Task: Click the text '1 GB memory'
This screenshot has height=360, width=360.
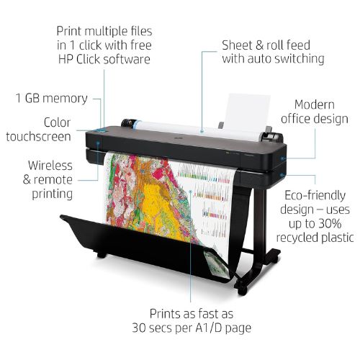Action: tap(52, 99)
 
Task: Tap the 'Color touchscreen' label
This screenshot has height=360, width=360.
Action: tap(38, 130)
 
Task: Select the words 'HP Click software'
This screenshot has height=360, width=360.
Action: tap(104, 59)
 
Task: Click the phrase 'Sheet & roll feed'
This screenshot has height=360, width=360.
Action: tap(266, 45)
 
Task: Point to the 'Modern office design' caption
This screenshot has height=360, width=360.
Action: tap(315, 112)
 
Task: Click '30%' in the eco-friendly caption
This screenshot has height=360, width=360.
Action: tap(328, 224)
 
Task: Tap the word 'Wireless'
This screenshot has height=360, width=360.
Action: tap(50, 166)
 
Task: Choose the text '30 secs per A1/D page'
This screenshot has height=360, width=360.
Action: tap(192, 328)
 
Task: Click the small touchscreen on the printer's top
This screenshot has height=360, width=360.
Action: tap(102, 131)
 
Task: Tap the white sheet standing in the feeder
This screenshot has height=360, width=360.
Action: tap(247, 112)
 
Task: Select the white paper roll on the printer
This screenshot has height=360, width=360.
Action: tap(197, 131)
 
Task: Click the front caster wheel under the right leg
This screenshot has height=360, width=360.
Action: tap(242, 290)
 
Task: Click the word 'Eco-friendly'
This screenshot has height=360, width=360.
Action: tap(315, 196)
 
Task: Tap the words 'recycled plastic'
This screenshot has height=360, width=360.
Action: tap(315, 238)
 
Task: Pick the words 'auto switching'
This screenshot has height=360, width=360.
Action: tap(286, 59)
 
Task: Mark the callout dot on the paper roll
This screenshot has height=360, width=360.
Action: tap(202, 132)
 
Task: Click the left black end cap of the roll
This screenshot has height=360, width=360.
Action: tap(127, 123)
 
